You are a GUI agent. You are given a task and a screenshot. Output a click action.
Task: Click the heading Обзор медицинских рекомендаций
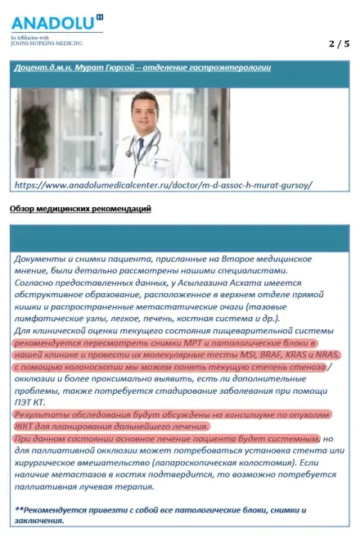(x=80, y=209)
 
